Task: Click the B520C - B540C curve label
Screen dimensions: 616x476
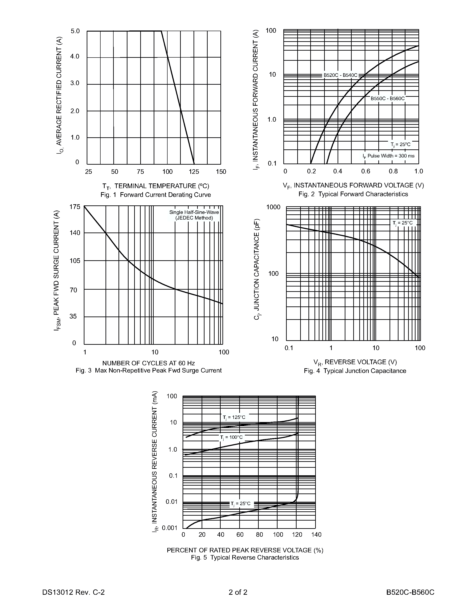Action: [340, 75]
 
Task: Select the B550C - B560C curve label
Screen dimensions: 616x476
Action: [388, 98]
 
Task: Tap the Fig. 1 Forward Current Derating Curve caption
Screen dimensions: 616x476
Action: [156, 195]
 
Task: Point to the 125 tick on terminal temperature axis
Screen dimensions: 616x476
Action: [194, 172]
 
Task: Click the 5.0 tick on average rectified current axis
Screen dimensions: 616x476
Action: [75, 31]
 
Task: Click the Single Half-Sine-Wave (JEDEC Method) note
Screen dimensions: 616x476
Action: [194, 215]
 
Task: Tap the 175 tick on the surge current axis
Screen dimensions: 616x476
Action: [75, 207]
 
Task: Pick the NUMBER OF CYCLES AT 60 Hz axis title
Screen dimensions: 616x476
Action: [148, 363]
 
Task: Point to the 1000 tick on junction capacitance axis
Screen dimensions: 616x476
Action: [273, 207]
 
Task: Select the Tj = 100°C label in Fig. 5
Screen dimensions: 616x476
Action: [231, 437]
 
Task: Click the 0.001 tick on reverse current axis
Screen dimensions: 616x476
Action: [170, 528]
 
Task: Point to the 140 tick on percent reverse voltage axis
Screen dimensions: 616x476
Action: [316, 535]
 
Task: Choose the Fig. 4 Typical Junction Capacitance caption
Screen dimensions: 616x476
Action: [355, 371]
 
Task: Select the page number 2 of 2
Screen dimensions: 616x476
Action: [238, 592]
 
